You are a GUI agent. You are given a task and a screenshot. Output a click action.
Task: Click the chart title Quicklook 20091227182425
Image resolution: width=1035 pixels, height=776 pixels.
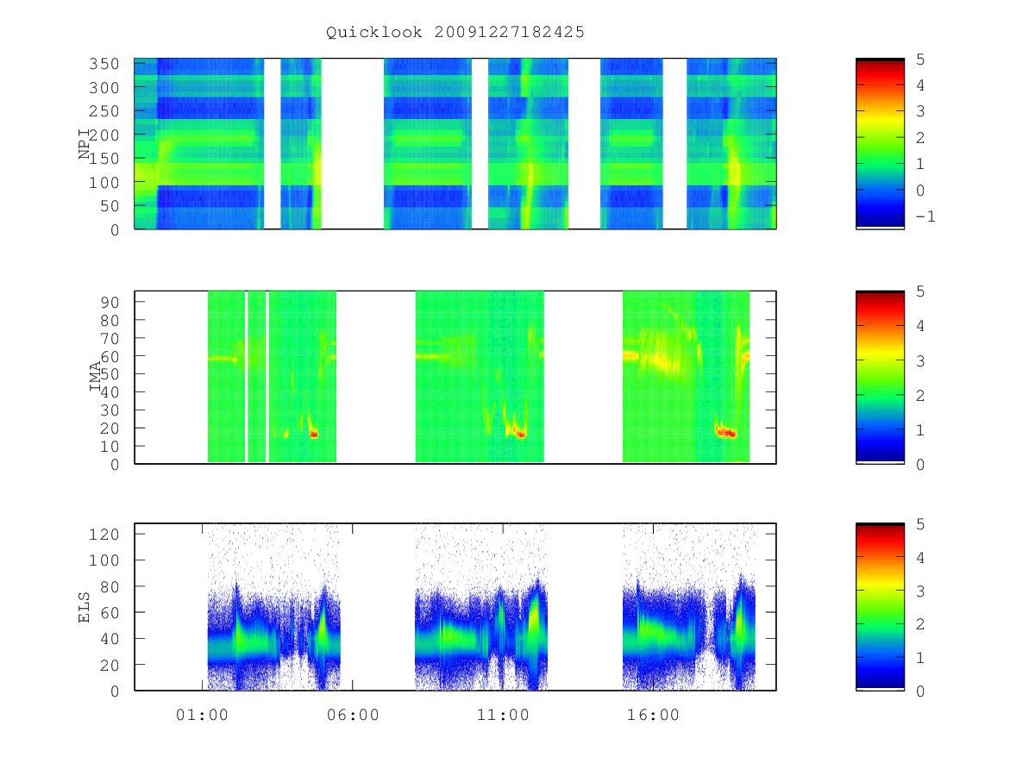point(455,32)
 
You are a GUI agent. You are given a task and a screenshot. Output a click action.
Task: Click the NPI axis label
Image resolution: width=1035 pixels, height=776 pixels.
point(85,145)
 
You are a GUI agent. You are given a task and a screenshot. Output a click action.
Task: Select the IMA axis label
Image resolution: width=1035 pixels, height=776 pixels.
point(95,377)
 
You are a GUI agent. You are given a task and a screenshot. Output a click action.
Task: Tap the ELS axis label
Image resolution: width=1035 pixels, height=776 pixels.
point(84,607)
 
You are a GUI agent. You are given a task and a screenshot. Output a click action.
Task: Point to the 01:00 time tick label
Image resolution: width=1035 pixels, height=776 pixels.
point(202,715)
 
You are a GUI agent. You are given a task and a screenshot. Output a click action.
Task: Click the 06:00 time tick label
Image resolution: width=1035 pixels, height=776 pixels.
point(353,715)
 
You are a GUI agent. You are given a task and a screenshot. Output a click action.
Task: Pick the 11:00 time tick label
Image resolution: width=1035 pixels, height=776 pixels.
point(503,715)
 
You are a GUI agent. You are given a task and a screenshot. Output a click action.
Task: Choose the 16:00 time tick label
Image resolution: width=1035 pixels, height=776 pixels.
point(653,715)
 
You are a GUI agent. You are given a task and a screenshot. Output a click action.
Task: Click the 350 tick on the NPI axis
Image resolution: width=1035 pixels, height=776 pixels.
point(103,64)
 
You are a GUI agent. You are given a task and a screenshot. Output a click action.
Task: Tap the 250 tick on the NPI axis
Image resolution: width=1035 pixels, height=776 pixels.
point(103,111)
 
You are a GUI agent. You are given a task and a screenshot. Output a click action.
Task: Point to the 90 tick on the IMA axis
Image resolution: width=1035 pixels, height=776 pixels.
point(110,303)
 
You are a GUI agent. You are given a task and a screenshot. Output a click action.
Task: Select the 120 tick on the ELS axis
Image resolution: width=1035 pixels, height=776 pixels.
point(103,535)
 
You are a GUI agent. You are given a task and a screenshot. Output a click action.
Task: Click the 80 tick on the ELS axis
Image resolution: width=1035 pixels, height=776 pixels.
point(110,586)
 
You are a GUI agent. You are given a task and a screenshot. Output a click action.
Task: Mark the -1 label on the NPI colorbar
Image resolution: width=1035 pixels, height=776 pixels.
point(925,216)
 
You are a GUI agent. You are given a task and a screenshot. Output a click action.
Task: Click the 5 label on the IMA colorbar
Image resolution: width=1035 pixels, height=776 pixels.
point(920,291)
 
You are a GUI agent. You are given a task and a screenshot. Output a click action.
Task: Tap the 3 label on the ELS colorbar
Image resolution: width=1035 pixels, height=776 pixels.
point(920,591)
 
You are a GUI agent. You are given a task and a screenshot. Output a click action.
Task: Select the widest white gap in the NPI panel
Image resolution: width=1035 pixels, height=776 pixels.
point(352,144)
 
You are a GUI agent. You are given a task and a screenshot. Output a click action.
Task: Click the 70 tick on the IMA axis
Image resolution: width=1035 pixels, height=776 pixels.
point(110,338)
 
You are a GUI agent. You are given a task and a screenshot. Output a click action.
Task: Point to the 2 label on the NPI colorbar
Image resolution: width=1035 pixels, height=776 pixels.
point(920,138)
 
